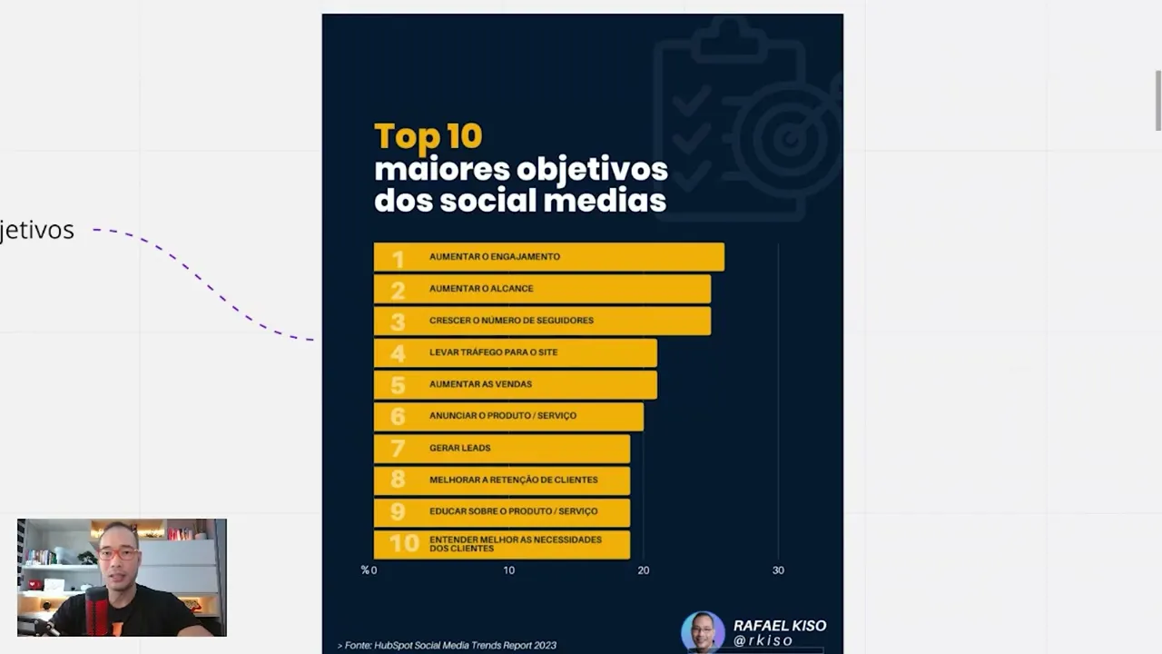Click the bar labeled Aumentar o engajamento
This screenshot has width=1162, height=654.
point(548,257)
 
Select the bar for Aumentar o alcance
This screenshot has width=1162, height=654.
point(542,289)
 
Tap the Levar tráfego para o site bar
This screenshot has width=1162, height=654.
point(515,352)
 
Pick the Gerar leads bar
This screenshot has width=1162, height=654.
point(501,448)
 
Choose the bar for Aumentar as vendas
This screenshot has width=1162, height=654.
point(515,384)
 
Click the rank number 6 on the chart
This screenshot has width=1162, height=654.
point(398,416)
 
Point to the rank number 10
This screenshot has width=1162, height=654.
point(404,543)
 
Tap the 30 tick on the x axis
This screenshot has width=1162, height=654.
point(778,570)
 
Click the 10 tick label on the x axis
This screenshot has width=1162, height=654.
point(509,570)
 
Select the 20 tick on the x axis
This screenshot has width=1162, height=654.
point(644,570)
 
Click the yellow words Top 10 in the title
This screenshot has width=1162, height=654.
point(428,136)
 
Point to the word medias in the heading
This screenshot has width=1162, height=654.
point(617,200)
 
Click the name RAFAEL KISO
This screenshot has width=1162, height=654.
point(780,626)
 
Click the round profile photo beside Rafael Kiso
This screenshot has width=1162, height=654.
point(703,631)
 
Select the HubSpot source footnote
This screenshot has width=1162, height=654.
point(447,645)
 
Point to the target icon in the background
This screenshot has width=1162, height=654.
point(788,136)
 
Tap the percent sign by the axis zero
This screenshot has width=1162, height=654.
point(365,570)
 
